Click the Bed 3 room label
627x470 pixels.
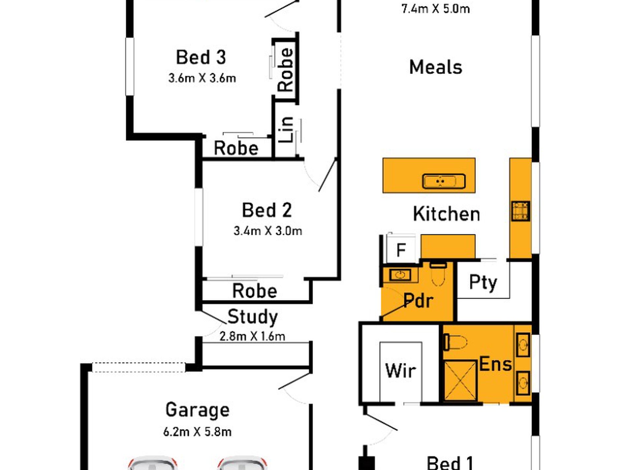coord(201,57)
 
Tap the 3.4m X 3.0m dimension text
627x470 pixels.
coord(268,231)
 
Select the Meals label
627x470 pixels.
coord(436,67)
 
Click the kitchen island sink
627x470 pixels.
coord(444,181)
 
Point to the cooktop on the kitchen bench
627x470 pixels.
coord(521,211)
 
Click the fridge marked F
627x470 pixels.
coord(401,250)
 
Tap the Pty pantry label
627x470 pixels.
coord(483,282)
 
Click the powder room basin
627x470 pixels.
coord(401,274)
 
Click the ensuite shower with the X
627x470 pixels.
coord(461,381)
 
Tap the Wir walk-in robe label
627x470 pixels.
coord(400,370)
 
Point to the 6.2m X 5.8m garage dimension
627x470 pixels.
coord(197,432)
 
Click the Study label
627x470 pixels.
coord(252,317)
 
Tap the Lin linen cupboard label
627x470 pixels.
coord(286,130)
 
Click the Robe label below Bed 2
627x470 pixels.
coord(254,291)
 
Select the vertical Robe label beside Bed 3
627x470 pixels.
coord(285,70)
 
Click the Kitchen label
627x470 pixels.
coord(446,214)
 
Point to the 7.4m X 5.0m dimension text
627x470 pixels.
coord(436,9)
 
